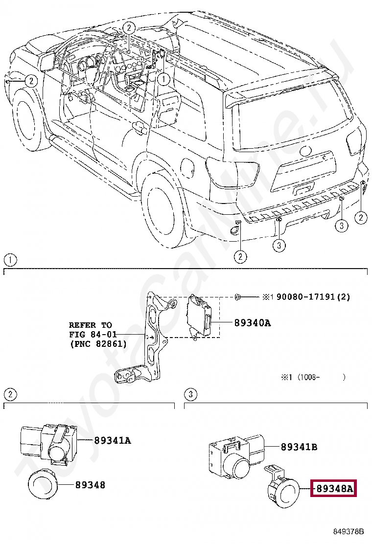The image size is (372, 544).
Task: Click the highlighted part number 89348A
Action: pos(334,488)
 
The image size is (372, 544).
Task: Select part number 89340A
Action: pos(252,323)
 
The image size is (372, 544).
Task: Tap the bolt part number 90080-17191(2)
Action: pos(313,297)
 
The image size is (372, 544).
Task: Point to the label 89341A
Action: pos(112,440)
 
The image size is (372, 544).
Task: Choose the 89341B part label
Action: pos(299,447)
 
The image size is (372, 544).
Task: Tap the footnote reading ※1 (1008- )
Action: pos(313,377)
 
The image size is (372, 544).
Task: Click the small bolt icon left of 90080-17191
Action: pos(237,297)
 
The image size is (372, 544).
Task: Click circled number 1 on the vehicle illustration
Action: pos(164,77)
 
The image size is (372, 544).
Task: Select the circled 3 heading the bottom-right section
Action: pos(190,394)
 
